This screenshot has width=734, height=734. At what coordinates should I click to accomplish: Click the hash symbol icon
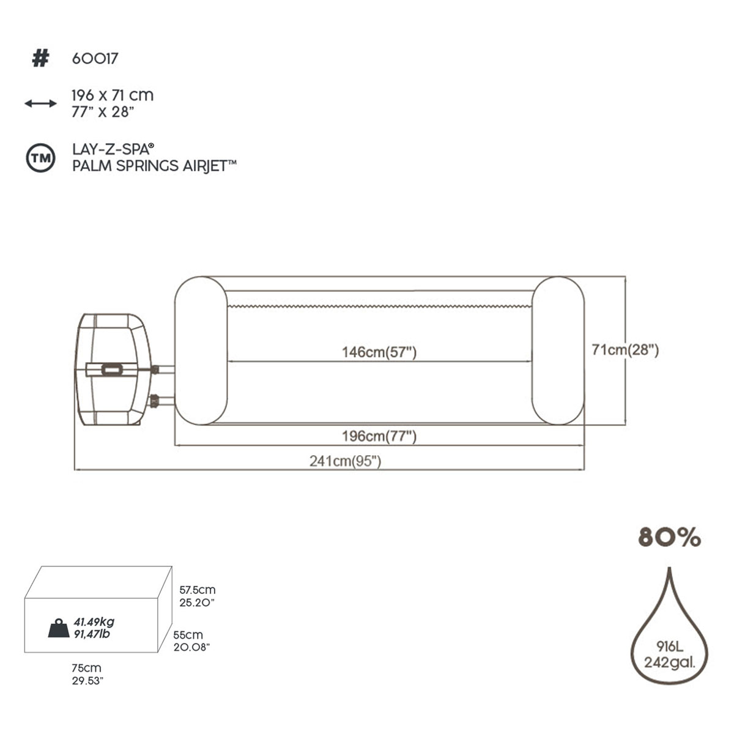[40, 59]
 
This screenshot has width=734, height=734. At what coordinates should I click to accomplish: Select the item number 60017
[95, 59]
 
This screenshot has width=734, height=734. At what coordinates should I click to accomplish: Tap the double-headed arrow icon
[41, 103]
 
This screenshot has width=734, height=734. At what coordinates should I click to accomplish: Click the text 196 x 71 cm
[113, 95]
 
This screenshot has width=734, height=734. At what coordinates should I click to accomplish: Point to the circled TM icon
[41, 158]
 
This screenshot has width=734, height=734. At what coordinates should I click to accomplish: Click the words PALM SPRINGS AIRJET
[154, 166]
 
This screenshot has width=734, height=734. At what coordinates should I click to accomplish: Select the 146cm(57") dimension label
[379, 352]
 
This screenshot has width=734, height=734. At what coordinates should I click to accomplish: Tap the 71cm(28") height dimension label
[625, 350]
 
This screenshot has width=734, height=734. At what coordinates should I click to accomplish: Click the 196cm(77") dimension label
[379, 436]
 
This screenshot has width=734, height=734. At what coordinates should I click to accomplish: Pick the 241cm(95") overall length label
[345, 461]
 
